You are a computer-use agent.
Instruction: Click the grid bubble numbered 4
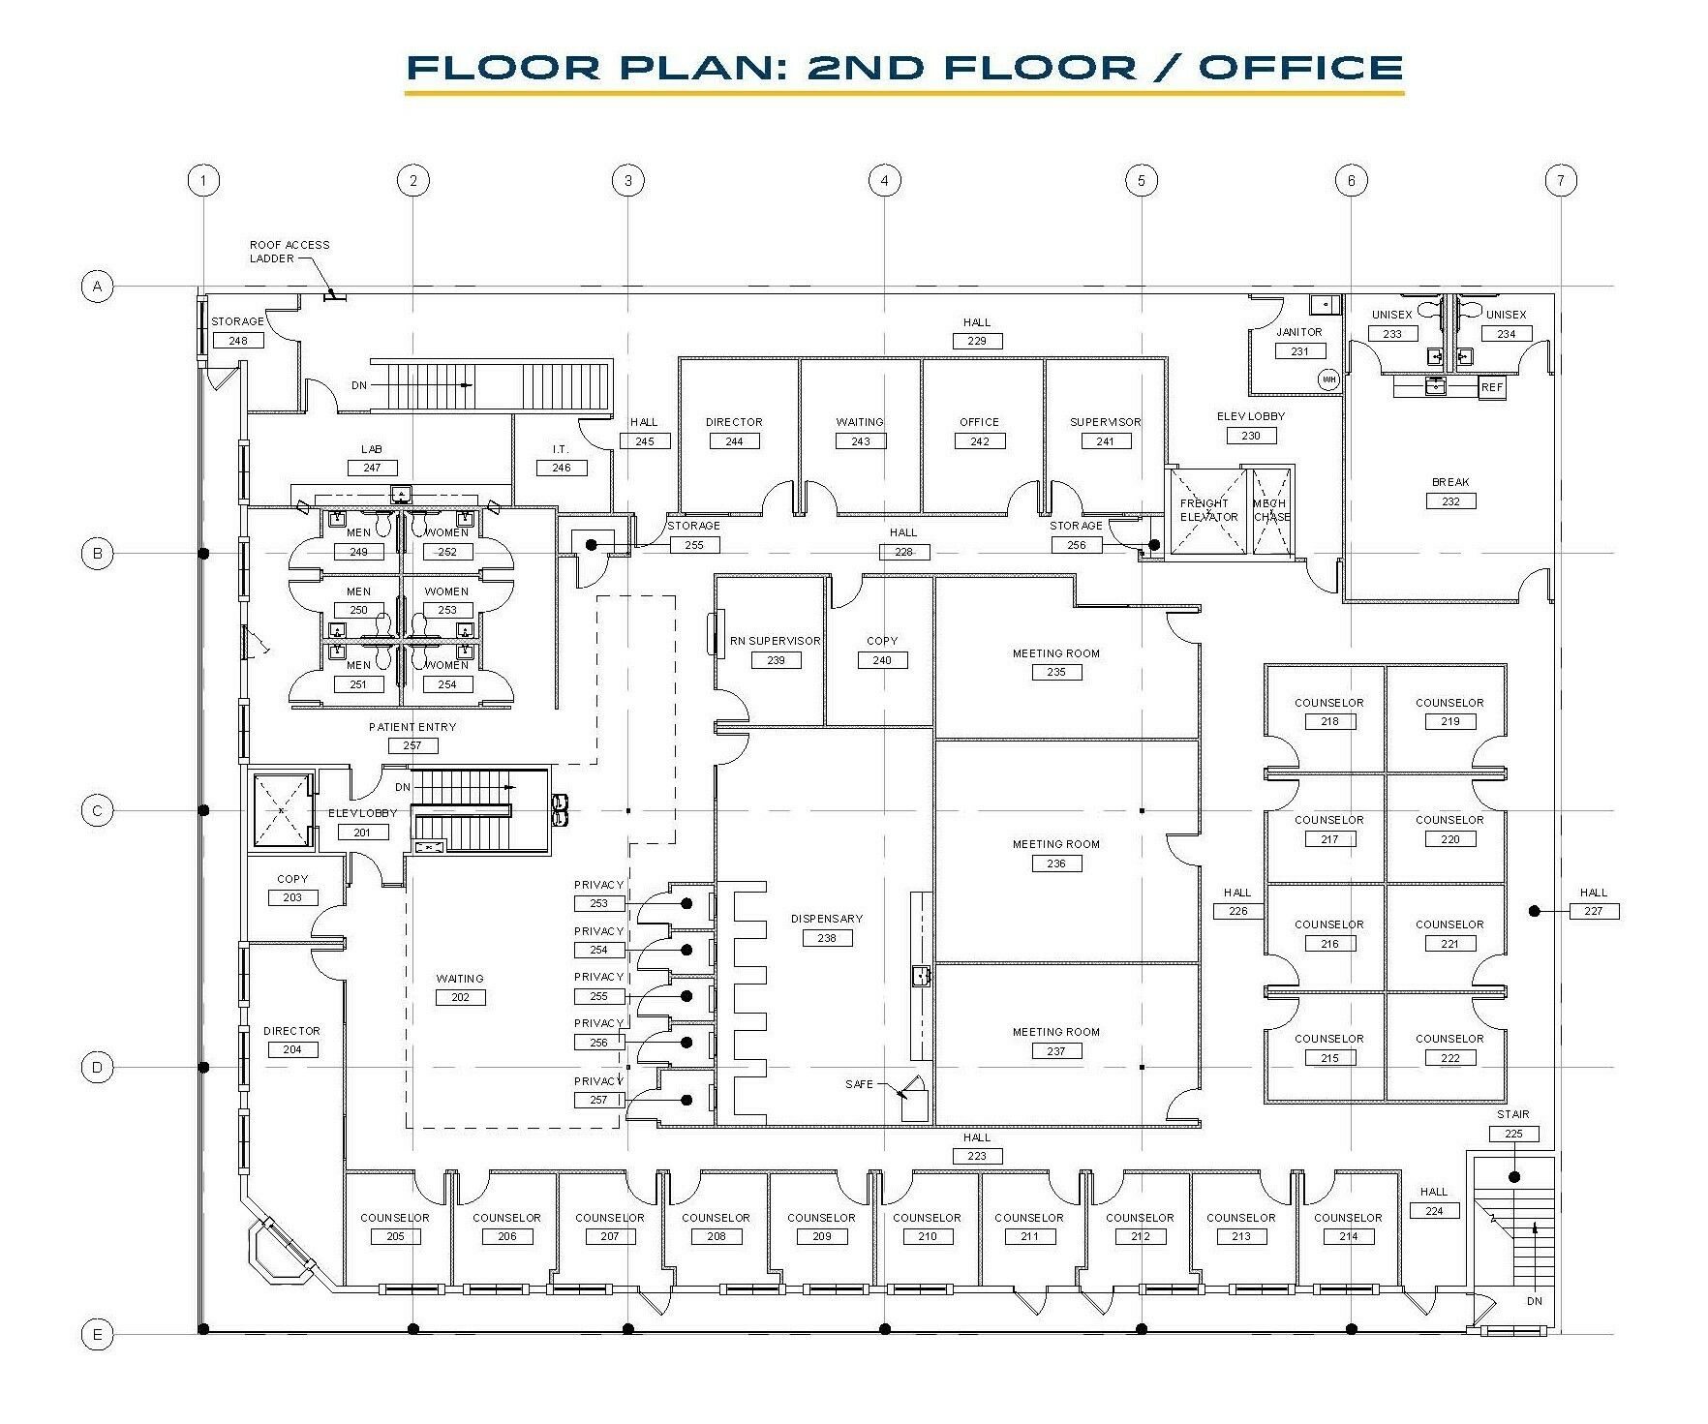tap(884, 180)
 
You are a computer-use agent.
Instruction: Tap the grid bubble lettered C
tap(97, 810)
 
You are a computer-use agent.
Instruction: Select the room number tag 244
tap(734, 441)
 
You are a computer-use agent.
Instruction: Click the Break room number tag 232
tap(1449, 501)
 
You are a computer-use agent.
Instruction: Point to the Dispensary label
tap(826, 919)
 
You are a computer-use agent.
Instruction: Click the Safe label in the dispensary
tap(859, 1084)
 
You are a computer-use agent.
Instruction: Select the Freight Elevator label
tap(1207, 510)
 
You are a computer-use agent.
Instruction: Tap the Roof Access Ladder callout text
tap(290, 252)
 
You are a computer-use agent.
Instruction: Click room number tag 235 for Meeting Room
tap(1055, 672)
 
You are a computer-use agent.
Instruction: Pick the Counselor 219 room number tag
tap(1449, 721)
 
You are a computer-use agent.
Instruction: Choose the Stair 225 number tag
tap(1513, 1134)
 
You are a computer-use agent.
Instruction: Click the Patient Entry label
tap(412, 727)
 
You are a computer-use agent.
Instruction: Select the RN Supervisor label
tap(775, 641)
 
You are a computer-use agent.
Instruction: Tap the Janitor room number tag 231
tap(1298, 351)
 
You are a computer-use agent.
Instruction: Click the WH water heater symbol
tap(1328, 379)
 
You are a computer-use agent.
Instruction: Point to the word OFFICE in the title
tap(1300, 67)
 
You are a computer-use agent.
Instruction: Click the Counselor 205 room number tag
tap(395, 1236)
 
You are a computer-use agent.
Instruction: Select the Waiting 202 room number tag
tap(460, 997)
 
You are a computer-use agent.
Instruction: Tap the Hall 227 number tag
tap(1593, 911)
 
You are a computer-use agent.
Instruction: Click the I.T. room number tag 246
tap(561, 469)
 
